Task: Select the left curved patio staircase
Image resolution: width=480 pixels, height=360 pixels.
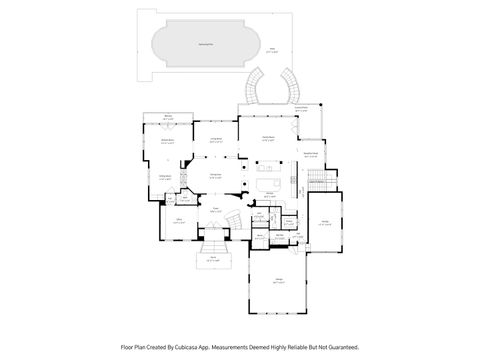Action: pyautogui.click(x=255, y=87)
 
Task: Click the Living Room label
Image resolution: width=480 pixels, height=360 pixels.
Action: pyautogui.click(x=214, y=140)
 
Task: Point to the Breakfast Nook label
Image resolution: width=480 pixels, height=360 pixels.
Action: pyautogui.click(x=310, y=153)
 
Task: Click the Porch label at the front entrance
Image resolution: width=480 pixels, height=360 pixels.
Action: pyautogui.click(x=212, y=259)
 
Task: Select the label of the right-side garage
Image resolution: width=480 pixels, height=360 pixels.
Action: pyautogui.click(x=326, y=224)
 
